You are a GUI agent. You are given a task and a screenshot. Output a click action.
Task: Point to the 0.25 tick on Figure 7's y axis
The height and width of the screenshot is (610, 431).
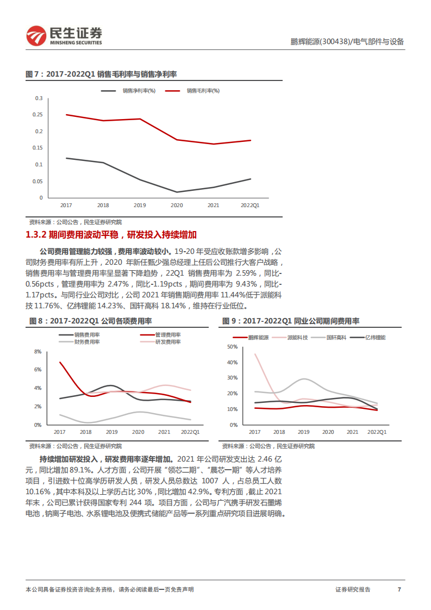pyautogui.click(x=38, y=115)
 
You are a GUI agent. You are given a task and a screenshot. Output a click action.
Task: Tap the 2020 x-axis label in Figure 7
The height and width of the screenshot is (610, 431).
pyautogui.click(x=177, y=206)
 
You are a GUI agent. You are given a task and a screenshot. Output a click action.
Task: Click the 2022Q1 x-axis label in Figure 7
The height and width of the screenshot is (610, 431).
pyautogui.click(x=250, y=206)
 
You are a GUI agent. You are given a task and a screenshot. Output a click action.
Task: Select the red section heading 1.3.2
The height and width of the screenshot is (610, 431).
pyautogui.click(x=111, y=235)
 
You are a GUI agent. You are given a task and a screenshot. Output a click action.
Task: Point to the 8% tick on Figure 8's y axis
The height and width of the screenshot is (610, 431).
pyautogui.click(x=38, y=352)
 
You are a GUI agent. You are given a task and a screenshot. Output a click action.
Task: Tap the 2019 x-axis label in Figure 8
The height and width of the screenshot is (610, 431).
pyautogui.click(x=111, y=432)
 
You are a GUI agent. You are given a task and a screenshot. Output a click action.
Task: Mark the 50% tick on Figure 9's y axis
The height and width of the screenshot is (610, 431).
pyautogui.click(x=232, y=346)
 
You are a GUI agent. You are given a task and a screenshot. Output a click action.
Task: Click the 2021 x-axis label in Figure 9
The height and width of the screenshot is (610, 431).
pyautogui.click(x=352, y=432)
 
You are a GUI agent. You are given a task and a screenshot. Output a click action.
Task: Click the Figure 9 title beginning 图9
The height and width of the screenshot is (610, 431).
pyautogui.click(x=291, y=321)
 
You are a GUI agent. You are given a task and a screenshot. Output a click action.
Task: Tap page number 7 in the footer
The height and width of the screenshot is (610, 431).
pyautogui.click(x=399, y=589)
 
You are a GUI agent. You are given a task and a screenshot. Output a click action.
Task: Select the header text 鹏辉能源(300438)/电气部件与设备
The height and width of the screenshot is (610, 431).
pyautogui.click(x=347, y=42)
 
